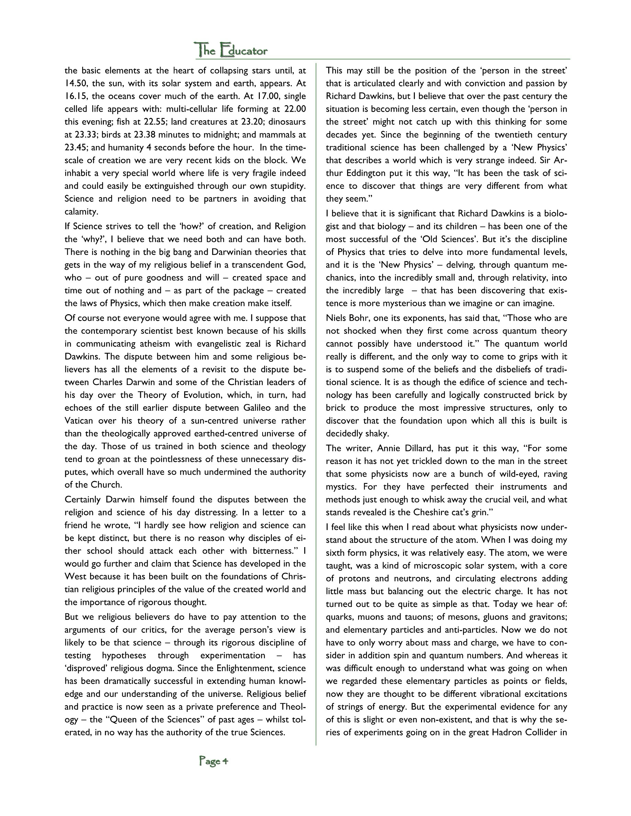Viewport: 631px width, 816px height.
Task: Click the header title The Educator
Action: [x=231, y=50]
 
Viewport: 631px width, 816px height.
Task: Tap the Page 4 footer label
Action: [x=213, y=761]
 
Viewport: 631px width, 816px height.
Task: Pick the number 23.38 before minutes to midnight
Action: [x=144, y=135]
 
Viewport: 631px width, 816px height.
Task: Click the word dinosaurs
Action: [x=287, y=122]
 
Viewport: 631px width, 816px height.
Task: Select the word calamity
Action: [x=81, y=212]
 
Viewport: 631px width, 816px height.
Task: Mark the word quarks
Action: [x=339, y=617]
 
